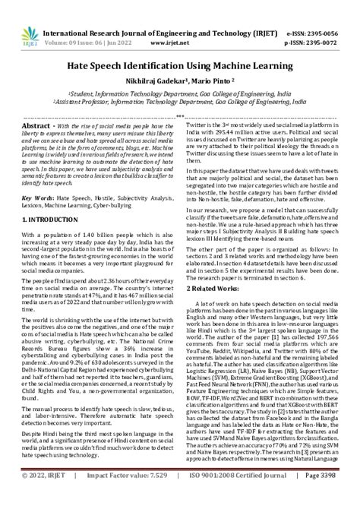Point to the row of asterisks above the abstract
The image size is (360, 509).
click(180, 115)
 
